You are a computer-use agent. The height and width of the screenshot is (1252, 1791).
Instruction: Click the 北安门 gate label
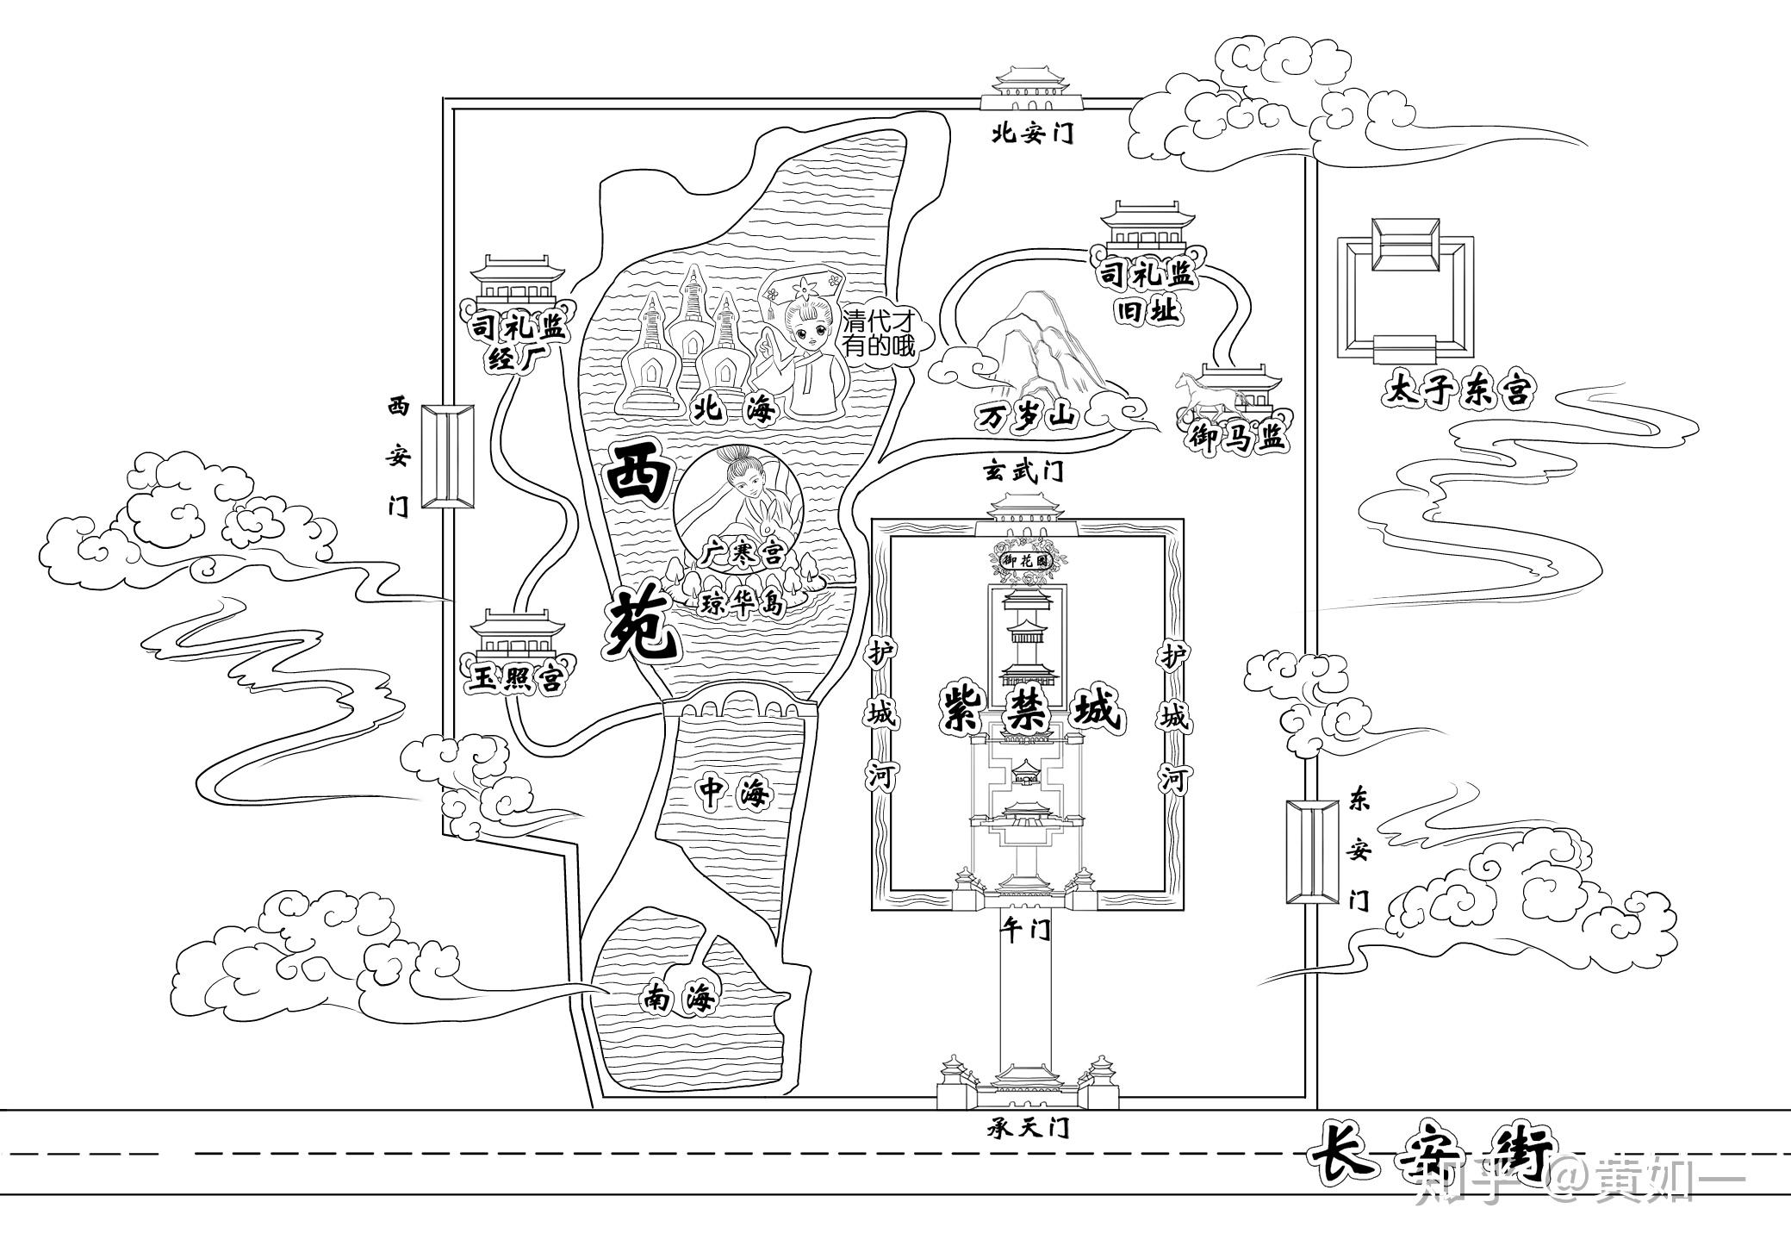click(1031, 134)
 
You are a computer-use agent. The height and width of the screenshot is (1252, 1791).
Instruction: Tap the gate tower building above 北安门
click(1030, 87)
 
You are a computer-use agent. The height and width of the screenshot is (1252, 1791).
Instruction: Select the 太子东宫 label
click(1458, 389)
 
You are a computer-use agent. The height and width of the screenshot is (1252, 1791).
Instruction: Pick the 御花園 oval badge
click(1029, 559)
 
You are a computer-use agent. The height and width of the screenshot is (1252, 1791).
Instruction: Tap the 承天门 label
click(1029, 1128)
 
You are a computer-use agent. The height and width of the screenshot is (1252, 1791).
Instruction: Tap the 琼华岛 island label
click(743, 604)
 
